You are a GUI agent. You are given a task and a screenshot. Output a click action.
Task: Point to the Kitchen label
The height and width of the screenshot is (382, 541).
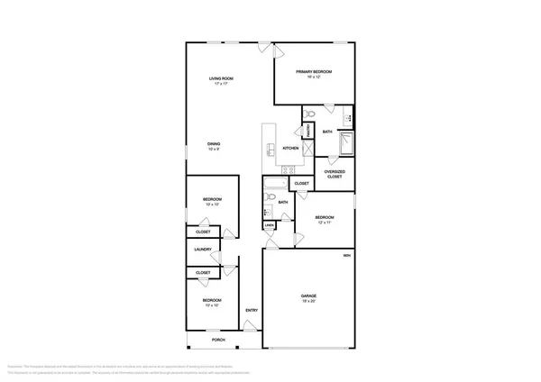point(290,149)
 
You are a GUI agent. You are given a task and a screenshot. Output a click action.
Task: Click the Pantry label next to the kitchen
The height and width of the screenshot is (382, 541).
point(307,132)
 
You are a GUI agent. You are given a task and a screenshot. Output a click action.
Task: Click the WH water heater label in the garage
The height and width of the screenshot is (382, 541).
point(347,257)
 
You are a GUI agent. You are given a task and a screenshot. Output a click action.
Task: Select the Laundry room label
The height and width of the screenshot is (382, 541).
point(203,250)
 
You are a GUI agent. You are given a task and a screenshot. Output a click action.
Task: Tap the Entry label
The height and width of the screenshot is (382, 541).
point(252,311)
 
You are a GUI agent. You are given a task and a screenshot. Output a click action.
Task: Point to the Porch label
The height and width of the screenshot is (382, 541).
point(217,340)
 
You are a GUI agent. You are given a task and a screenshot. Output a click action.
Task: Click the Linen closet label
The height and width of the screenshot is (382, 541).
point(269,225)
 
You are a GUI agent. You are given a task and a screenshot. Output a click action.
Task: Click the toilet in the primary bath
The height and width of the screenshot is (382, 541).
point(309,114)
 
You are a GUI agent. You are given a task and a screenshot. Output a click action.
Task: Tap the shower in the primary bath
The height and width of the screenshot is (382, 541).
point(345,144)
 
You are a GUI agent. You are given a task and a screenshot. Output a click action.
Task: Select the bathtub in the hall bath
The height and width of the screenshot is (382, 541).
point(270,189)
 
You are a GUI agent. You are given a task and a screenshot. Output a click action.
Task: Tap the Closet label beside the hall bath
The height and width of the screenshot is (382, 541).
point(302,184)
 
